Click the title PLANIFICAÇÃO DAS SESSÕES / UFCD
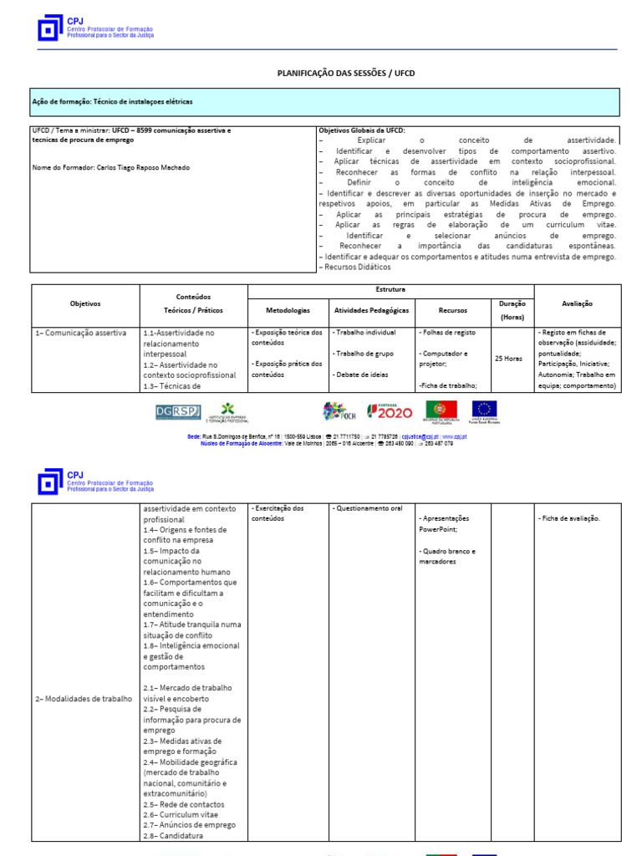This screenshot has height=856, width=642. coord(345,74)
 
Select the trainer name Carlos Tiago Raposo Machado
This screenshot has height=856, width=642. coord(110,167)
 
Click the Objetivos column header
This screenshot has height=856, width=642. coord(85,304)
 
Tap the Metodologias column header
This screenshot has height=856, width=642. coord(288,310)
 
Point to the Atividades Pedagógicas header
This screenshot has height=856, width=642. coord(371,310)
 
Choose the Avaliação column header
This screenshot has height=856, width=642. coord(578,304)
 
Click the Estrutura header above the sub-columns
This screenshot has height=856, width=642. coord(390,289)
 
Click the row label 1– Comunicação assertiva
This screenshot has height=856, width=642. coord(80,333)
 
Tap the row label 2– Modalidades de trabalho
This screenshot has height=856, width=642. coord(83,699)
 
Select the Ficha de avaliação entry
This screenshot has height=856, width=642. coord(569,518)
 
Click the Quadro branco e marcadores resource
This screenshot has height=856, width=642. coord(447,557)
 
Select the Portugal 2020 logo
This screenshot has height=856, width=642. coord(390,411)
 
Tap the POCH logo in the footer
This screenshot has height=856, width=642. coord(339,411)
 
